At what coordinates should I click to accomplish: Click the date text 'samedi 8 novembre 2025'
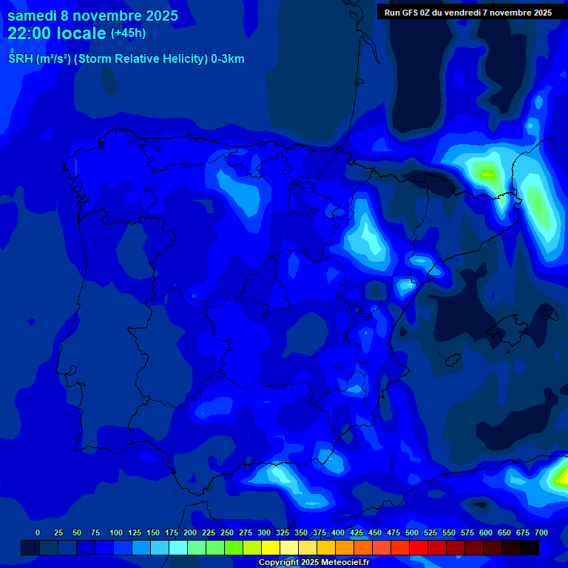pyautogui.click(x=92, y=16)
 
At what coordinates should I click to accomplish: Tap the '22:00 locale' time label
pyautogui.click(x=57, y=33)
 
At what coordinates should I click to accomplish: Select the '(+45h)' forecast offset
pyautogui.click(x=128, y=33)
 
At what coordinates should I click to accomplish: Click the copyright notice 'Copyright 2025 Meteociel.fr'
pyautogui.click(x=314, y=562)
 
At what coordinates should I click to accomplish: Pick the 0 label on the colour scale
pyautogui.click(x=38, y=532)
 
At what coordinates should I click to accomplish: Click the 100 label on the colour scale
pyautogui.click(x=116, y=532)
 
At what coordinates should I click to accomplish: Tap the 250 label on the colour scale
pyautogui.click(x=227, y=532)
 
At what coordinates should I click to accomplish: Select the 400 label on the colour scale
pyautogui.click(x=338, y=532)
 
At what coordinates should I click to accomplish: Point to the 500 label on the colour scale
pyautogui.click(x=412, y=532)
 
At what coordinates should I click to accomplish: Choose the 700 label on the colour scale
pyautogui.click(x=541, y=532)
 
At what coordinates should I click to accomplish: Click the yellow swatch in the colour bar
pyautogui.click(x=271, y=548)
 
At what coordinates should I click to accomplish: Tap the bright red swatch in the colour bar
pyautogui.click(x=419, y=548)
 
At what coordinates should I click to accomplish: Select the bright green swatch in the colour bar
pyautogui.click(x=234, y=548)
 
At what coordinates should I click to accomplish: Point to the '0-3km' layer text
pyautogui.click(x=227, y=59)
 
